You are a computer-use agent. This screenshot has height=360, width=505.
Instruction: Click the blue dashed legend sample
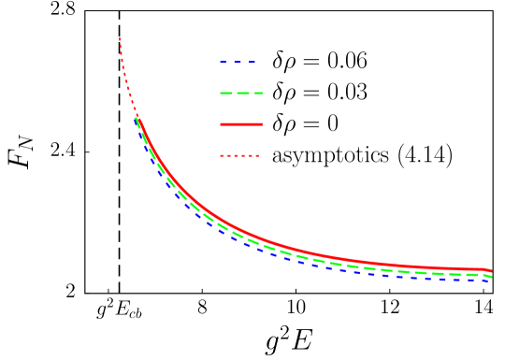(x=238, y=63)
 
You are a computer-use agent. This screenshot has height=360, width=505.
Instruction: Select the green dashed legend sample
(x=241, y=94)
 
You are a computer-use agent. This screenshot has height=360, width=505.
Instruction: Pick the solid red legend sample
(x=241, y=124)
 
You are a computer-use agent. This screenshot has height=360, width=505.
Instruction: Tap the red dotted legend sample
(x=239, y=155)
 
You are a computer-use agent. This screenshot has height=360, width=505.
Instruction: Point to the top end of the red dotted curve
(x=120, y=39)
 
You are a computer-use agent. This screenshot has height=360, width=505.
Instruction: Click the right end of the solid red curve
(x=491, y=271)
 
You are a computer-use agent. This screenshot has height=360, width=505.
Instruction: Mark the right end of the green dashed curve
(x=491, y=277)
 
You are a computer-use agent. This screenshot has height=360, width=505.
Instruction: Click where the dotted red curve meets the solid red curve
(x=137, y=116)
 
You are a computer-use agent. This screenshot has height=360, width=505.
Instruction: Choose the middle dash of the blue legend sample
(x=238, y=63)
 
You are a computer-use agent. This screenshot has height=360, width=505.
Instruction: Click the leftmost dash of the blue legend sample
(x=224, y=63)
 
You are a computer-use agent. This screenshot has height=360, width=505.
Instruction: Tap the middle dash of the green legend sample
(x=241, y=94)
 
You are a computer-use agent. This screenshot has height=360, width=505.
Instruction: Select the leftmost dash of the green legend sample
(x=225, y=94)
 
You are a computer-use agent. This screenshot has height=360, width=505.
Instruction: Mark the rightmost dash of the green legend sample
(x=257, y=94)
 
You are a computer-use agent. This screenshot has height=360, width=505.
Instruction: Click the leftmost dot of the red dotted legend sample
(x=222, y=155)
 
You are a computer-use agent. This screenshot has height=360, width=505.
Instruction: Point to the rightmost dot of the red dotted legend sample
(x=257, y=155)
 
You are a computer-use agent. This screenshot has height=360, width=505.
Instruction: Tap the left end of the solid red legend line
(x=222, y=124)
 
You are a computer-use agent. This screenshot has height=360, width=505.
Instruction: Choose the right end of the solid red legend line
(x=261, y=124)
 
